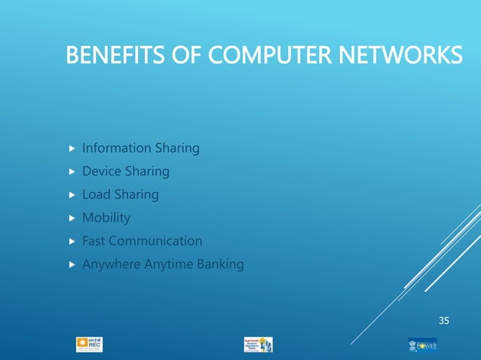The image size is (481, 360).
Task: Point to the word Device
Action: tap(102, 172)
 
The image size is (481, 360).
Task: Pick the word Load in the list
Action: tap(97, 194)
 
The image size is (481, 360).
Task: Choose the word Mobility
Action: tap(106, 218)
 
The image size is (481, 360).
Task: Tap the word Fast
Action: tap(95, 241)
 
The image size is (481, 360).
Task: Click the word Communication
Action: tap(158, 241)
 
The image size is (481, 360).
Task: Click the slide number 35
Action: tap(444, 322)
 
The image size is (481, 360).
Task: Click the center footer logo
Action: tap(259, 344)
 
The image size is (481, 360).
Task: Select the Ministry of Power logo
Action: tap(422, 344)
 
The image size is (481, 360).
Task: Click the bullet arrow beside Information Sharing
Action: tap(72, 148)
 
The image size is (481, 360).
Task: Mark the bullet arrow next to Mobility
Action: tap(72, 218)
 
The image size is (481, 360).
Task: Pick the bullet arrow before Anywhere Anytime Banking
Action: tap(72, 265)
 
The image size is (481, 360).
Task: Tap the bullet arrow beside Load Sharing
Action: tap(72, 195)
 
